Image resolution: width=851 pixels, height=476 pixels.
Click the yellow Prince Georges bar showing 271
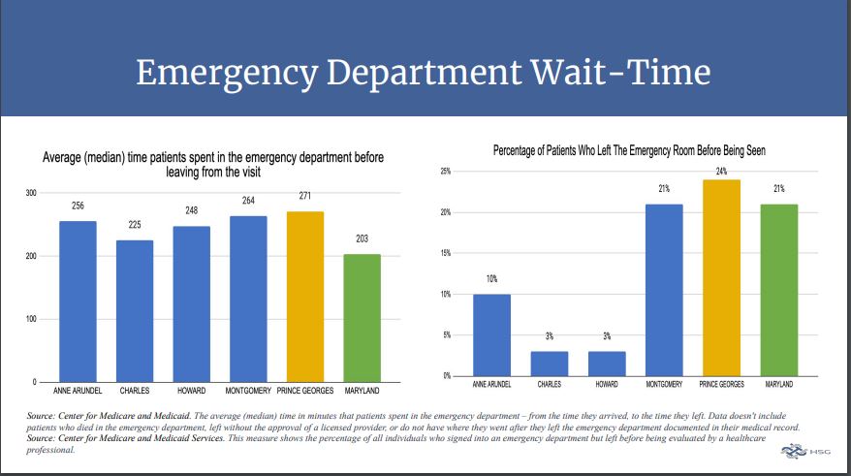click(305, 296)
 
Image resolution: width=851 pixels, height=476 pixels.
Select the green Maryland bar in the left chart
click(362, 317)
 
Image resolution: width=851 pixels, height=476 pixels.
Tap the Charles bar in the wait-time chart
click(135, 310)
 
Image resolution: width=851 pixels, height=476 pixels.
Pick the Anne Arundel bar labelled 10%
click(492, 334)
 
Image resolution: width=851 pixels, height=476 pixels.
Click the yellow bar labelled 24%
click(721, 277)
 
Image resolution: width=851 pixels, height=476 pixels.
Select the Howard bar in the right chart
click(607, 364)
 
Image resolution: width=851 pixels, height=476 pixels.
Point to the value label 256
click(78, 206)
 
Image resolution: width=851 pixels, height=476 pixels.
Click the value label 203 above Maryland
click(362, 238)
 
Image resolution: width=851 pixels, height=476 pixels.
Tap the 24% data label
click(721, 171)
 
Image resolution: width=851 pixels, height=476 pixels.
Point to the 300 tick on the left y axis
click(31, 194)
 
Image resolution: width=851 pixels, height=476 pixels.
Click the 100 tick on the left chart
click(31, 319)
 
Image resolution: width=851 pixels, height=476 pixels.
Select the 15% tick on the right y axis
click(446, 253)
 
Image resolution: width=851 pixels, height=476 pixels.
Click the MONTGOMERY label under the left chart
click(248, 391)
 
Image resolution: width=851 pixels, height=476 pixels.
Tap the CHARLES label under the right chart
click(550, 385)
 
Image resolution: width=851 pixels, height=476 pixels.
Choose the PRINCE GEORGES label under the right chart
click(721, 385)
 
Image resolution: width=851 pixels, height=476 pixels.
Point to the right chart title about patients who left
click(636, 150)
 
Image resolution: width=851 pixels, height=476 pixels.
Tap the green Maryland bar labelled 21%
click(778, 290)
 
